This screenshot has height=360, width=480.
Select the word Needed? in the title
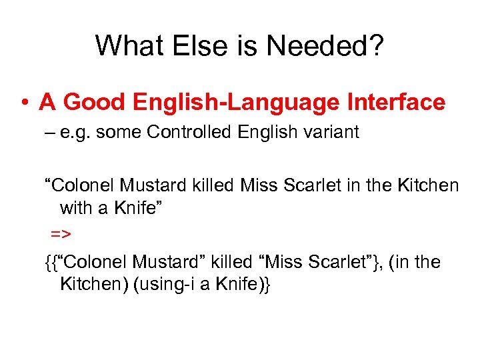point(326,45)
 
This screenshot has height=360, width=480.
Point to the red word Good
point(97,102)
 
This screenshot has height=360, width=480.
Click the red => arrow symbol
point(61,235)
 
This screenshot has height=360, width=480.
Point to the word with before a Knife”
point(75,208)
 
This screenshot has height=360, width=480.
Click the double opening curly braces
point(49,263)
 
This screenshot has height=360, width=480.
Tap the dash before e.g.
point(49,133)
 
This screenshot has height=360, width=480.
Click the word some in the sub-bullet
point(119,132)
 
